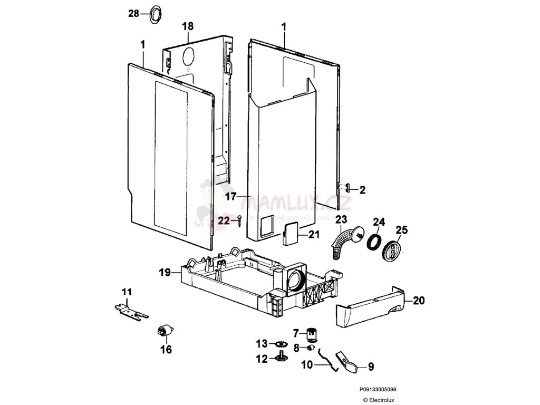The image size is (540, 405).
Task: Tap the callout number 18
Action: pos(188,26)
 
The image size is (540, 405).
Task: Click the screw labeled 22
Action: pos(240,220)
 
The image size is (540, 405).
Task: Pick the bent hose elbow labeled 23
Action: pos(344,242)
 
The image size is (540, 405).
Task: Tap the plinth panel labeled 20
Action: pos(372,310)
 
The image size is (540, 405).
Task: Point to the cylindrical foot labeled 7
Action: pos(312,334)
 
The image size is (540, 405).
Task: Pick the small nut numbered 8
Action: pos(311,348)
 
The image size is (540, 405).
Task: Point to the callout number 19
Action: pos(165,273)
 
